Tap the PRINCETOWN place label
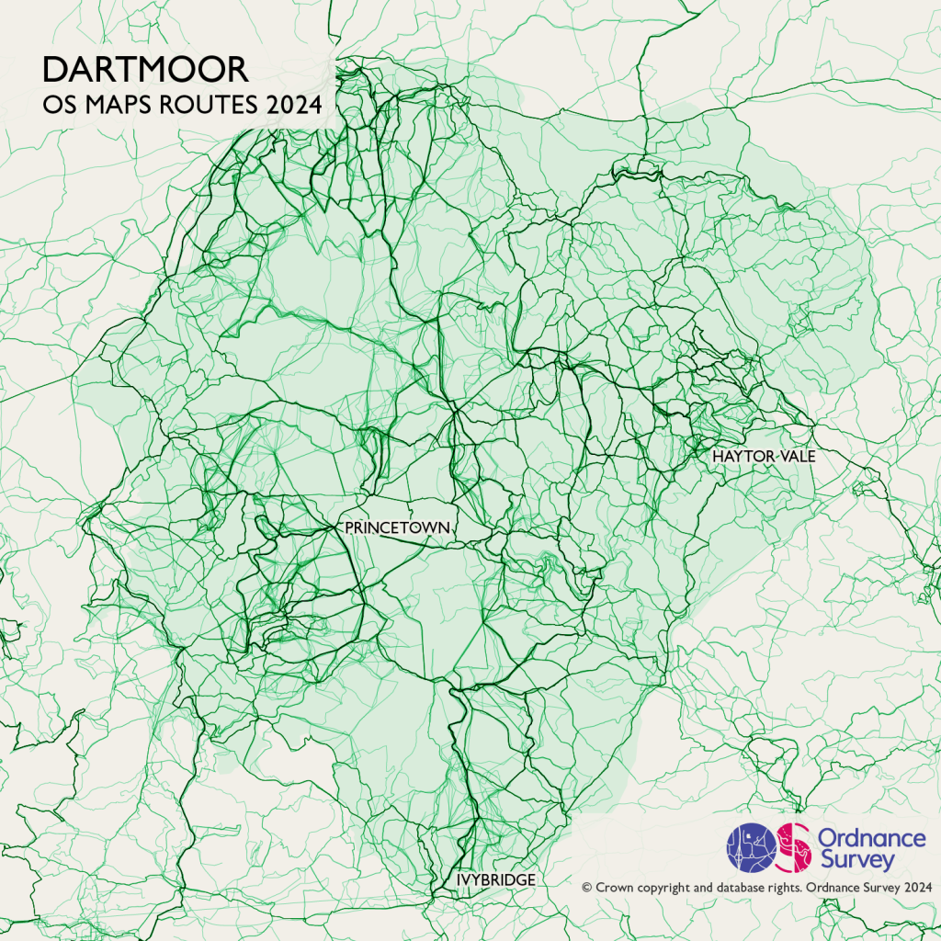[x=397, y=527]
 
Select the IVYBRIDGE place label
[x=496, y=880]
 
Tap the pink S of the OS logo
[x=794, y=846]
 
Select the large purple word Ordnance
[x=871, y=837]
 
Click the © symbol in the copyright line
[x=587, y=888]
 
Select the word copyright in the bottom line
[x=665, y=888]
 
